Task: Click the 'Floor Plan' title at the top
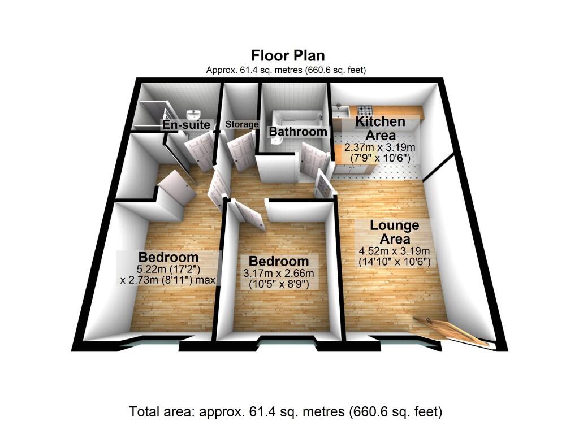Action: pos(288,55)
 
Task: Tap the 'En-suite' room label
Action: pos(186,125)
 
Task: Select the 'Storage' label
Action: pos(242,124)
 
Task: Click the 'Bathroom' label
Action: pos(298,132)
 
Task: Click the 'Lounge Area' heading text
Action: pos(395,232)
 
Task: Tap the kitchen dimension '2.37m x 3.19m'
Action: pos(380,147)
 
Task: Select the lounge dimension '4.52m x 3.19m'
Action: pos(395,251)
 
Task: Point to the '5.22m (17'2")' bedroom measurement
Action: pos(167,269)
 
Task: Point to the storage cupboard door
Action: pos(241,150)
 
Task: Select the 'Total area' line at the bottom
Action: pos(286,410)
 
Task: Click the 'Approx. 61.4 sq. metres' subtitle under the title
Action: pos(286,70)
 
